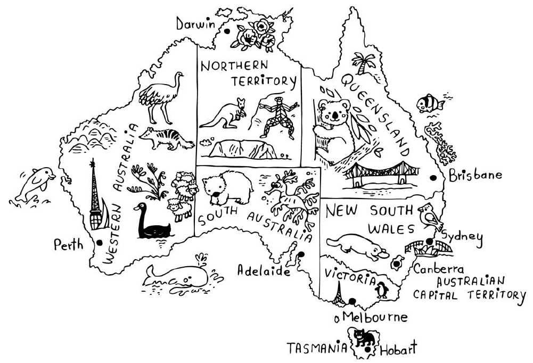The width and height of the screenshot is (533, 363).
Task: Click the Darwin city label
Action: [x=195, y=24]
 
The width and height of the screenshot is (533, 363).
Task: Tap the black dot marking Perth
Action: [x=100, y=242]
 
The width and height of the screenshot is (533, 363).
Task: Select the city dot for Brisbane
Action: [x=433, y=177]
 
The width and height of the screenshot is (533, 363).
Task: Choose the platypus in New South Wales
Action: [x=357, y=247]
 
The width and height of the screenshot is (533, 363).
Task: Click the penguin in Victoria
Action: [x=382, y=290]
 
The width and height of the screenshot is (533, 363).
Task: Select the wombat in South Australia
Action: [x=227, y=188]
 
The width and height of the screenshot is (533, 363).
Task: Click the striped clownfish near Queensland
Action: [x=430, y=103]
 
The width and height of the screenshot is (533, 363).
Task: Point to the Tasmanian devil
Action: [x=363, y=338]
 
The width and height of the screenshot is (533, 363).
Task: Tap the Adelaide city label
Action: [x=264, y=270]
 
